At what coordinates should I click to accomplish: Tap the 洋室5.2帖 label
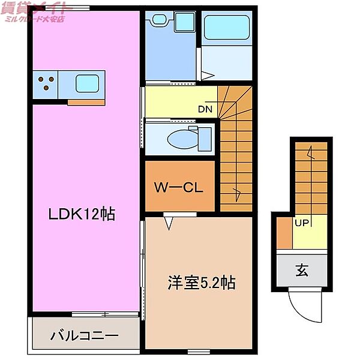(x=200, y=283)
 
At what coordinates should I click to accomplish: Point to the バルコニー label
(x=85, y=335)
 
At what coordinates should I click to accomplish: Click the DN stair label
(x=205, y=109)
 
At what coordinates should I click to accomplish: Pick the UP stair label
(x=301, y=223)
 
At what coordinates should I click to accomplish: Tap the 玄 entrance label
(x=301, y=270)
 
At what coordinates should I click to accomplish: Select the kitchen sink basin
(x=86, y=82)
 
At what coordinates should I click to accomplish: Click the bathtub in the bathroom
(x=227, y=28)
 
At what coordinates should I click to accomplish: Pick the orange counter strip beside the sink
(x=86, y=101)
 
